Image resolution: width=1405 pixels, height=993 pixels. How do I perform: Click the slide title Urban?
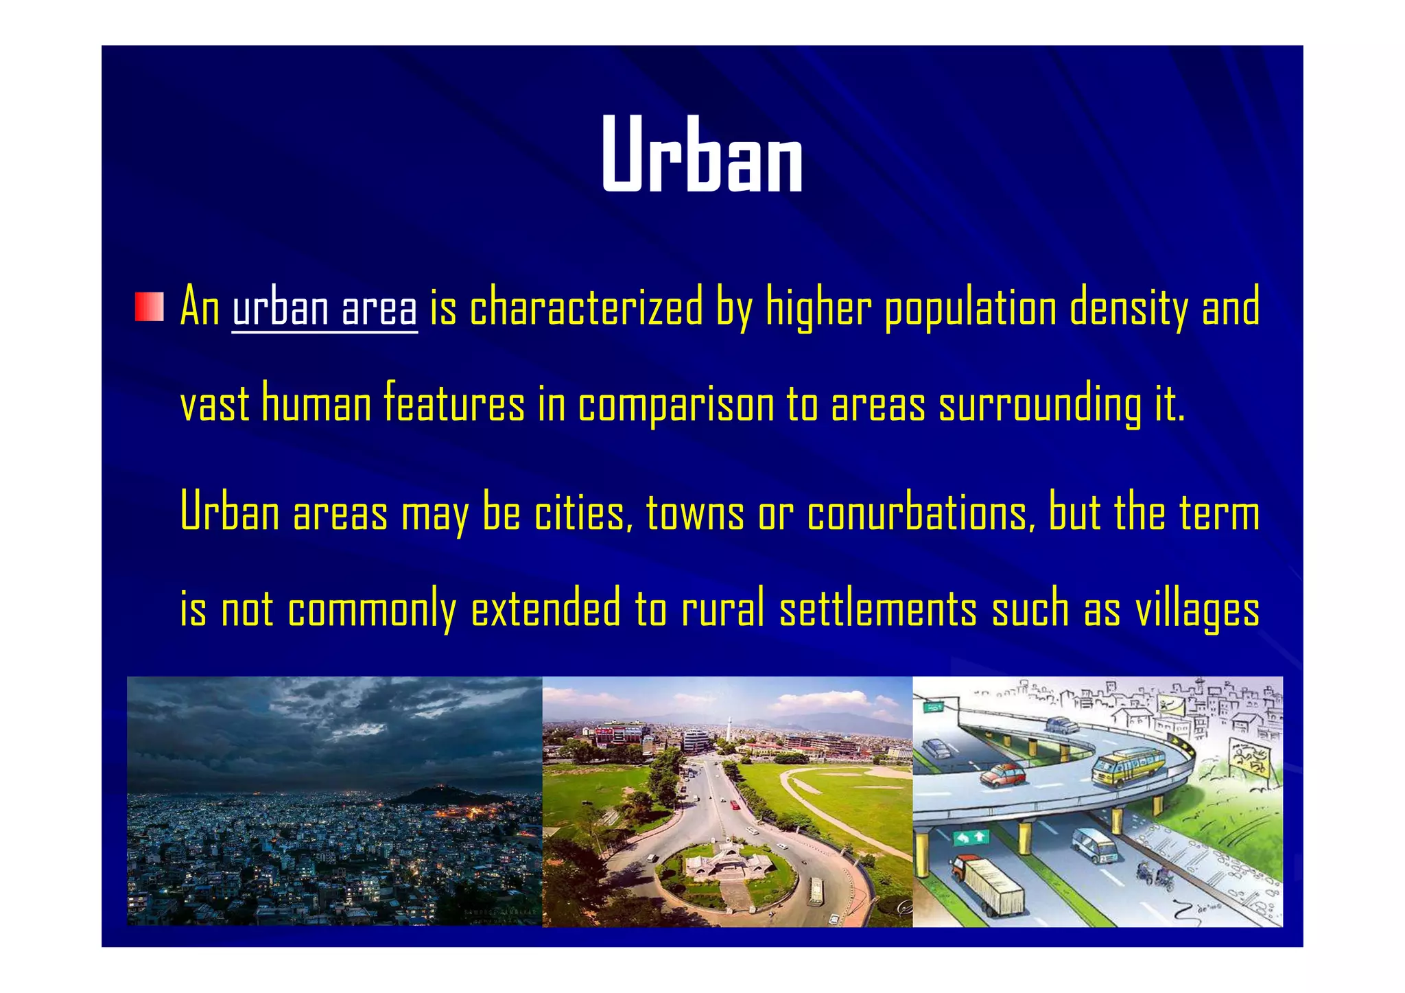(x=702, y=154)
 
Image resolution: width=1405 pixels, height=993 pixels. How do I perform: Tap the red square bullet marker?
(x=149, y=307)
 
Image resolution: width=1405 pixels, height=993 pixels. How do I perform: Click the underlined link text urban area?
(x=324, y=308)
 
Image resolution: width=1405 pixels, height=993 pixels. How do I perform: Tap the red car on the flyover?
(x=1002, y=775)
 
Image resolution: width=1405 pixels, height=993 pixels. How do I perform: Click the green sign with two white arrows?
(x=971, y=837)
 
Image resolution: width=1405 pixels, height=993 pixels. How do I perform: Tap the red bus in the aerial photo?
(x=735, y=804)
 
